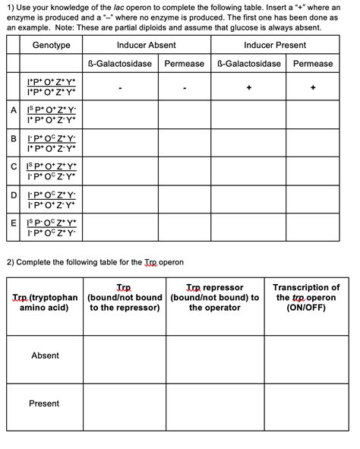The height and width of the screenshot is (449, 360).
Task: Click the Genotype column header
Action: pyautogui.click(x=52, y=46)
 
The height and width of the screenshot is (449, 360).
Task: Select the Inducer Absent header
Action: pyautogui.click(x=146, y=46)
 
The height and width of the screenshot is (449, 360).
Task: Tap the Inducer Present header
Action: pyautogui.click(x=275, y=46)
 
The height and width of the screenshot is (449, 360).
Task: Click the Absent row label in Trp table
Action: pyautogui.click(x=45, y=356)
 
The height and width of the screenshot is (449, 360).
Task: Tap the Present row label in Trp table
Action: pyautogui.click(x=45, y=403)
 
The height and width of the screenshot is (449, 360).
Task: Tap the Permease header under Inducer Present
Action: pyautogui.click(x=313, y=64)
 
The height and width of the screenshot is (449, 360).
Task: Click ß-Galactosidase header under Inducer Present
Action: pyautogui.click(x=250, y=64)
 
